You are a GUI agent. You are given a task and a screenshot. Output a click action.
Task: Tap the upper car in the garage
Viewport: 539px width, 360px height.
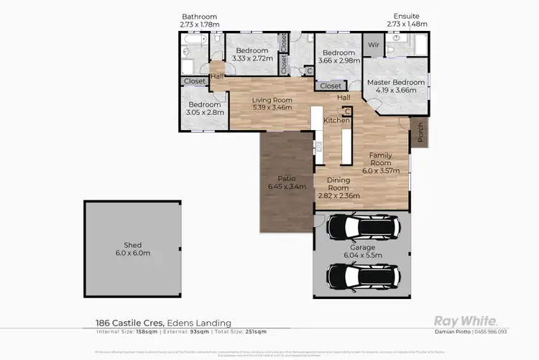(362, 229)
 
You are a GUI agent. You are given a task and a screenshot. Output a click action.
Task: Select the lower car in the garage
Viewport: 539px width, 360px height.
(362, 274)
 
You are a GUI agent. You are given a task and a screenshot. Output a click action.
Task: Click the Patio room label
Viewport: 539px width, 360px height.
(287, 178)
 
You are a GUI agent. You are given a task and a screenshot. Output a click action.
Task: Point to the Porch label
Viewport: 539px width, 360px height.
(420, 132)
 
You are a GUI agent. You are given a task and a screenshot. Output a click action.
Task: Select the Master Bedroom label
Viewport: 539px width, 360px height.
(396, 83)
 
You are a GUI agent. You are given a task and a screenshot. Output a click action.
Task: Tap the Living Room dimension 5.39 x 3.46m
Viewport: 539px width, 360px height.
(272, 108)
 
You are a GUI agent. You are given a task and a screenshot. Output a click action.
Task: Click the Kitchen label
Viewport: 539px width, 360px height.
(336, 120)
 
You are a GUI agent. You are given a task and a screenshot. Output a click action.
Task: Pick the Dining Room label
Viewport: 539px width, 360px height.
(338, 184)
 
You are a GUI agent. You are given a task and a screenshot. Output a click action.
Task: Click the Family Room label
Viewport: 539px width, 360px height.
(380, 159)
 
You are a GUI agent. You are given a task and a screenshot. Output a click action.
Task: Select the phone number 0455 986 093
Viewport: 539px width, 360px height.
(492, 331)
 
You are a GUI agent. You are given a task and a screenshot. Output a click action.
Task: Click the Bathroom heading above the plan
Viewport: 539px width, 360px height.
(199, 17)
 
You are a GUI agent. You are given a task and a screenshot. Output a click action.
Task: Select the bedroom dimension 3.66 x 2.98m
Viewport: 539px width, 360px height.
(338, 61)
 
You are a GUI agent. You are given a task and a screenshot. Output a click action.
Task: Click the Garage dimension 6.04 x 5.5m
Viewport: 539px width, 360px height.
(362, 255)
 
